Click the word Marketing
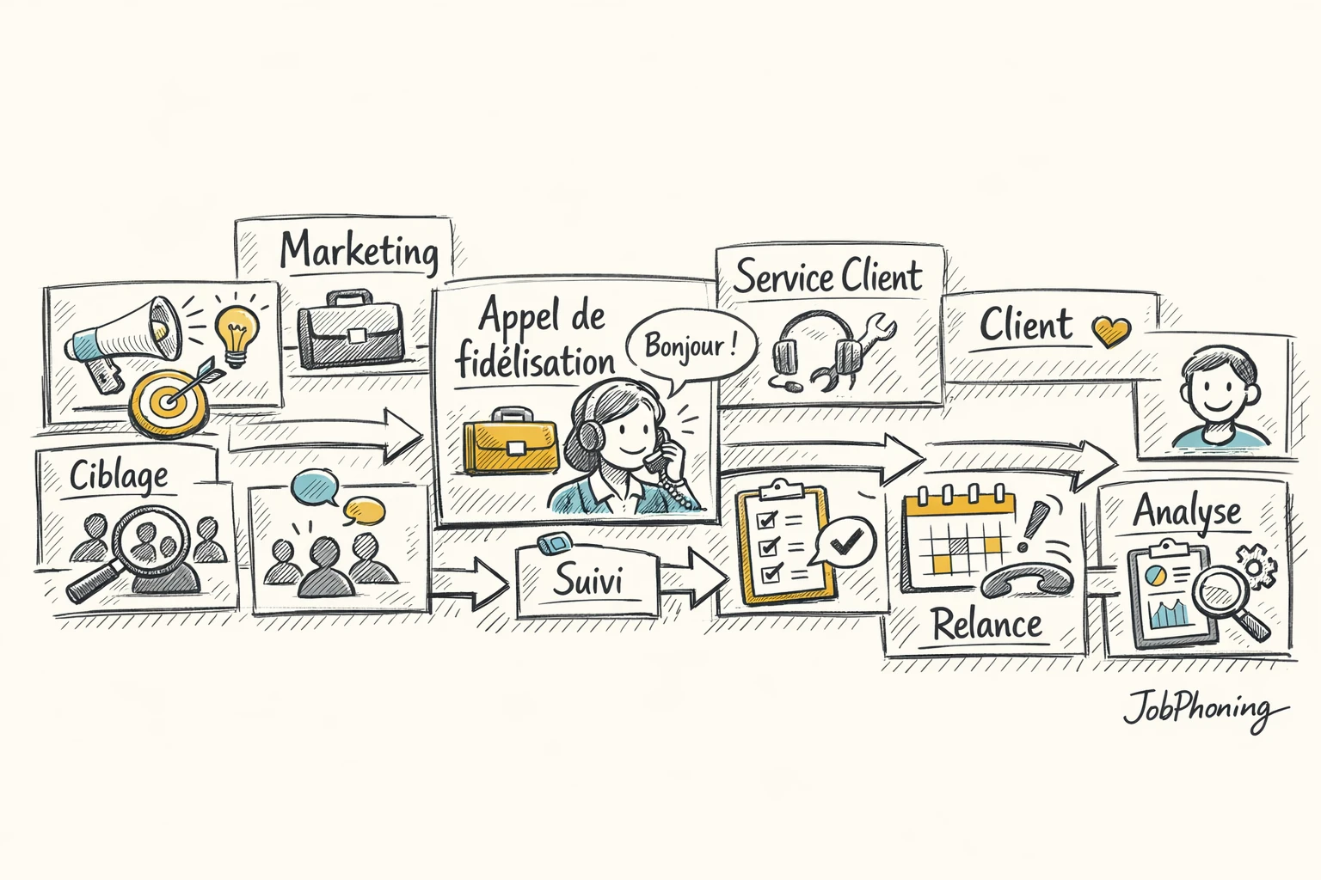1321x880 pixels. pyautogui.click(x=359, y=250)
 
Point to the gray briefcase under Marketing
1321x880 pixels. pyautogui.click(x=350, y=331)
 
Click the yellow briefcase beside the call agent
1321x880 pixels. pyautogui.click(x=510, y=441)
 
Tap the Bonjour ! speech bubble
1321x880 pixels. pyautogui.click(x=691, y=346)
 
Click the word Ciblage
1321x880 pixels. pyautogui.click(x=119, y=474)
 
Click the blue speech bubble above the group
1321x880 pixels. pyautogui.click(x=314, y=487)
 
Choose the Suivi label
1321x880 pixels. pyautogui.click(x=587, y=581)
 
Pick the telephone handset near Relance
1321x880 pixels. pyautogui.click(x=1028, y=581)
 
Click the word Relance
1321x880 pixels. pyautogui.click(x=986, y=625)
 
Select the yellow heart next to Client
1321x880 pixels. pyautogui.click(x=1110, y=329)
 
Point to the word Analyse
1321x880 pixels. pyautogui.click(x=1186, y=511)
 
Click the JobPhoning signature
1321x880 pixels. pyautogui.click(x=1204, y=712)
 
